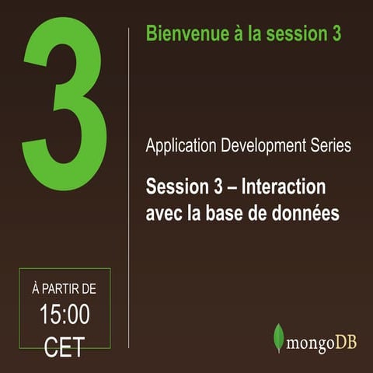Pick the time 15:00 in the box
(x=64, y=315)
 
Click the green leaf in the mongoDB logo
(x=278, y=337)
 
